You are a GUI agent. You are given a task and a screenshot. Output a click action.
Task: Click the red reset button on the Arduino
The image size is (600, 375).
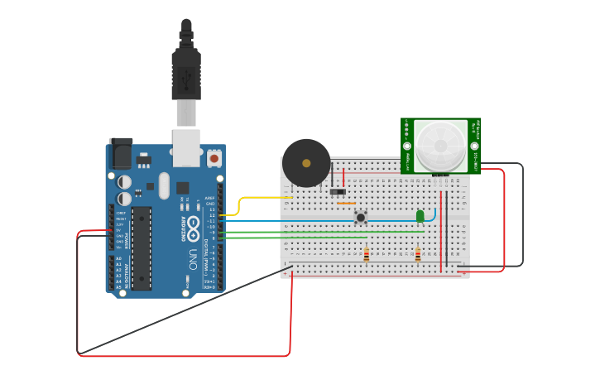pyautogui.click(x=214, y=157)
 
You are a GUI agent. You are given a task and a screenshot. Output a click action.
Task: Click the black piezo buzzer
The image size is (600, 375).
pyautogui.click(x=306, y=162)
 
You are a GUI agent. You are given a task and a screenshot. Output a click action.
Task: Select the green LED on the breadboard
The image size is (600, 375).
pyautogui.click(x=420, y=216)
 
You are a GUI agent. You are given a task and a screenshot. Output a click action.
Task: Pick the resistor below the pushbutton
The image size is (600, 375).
pyautogui.click(x=367, y=255)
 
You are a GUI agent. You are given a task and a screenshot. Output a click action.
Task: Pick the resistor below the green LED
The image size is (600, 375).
pyautogui.click(x=418, y=255)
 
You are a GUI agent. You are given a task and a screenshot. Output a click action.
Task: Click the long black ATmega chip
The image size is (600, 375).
pyautogui.click(x=142, y=248)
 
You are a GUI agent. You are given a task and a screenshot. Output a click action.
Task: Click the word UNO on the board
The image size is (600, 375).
pyautogui.click(x=193, y=253)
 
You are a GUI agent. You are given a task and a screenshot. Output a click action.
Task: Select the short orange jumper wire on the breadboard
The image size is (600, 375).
pyautogui.click(x=347, y=203)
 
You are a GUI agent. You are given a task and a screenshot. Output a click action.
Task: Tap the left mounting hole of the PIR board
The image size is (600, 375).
pyautogui.click(x=407, y=147)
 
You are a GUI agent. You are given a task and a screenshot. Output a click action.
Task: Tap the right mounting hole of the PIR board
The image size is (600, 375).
pyautogui.click(x=474, y=147)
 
